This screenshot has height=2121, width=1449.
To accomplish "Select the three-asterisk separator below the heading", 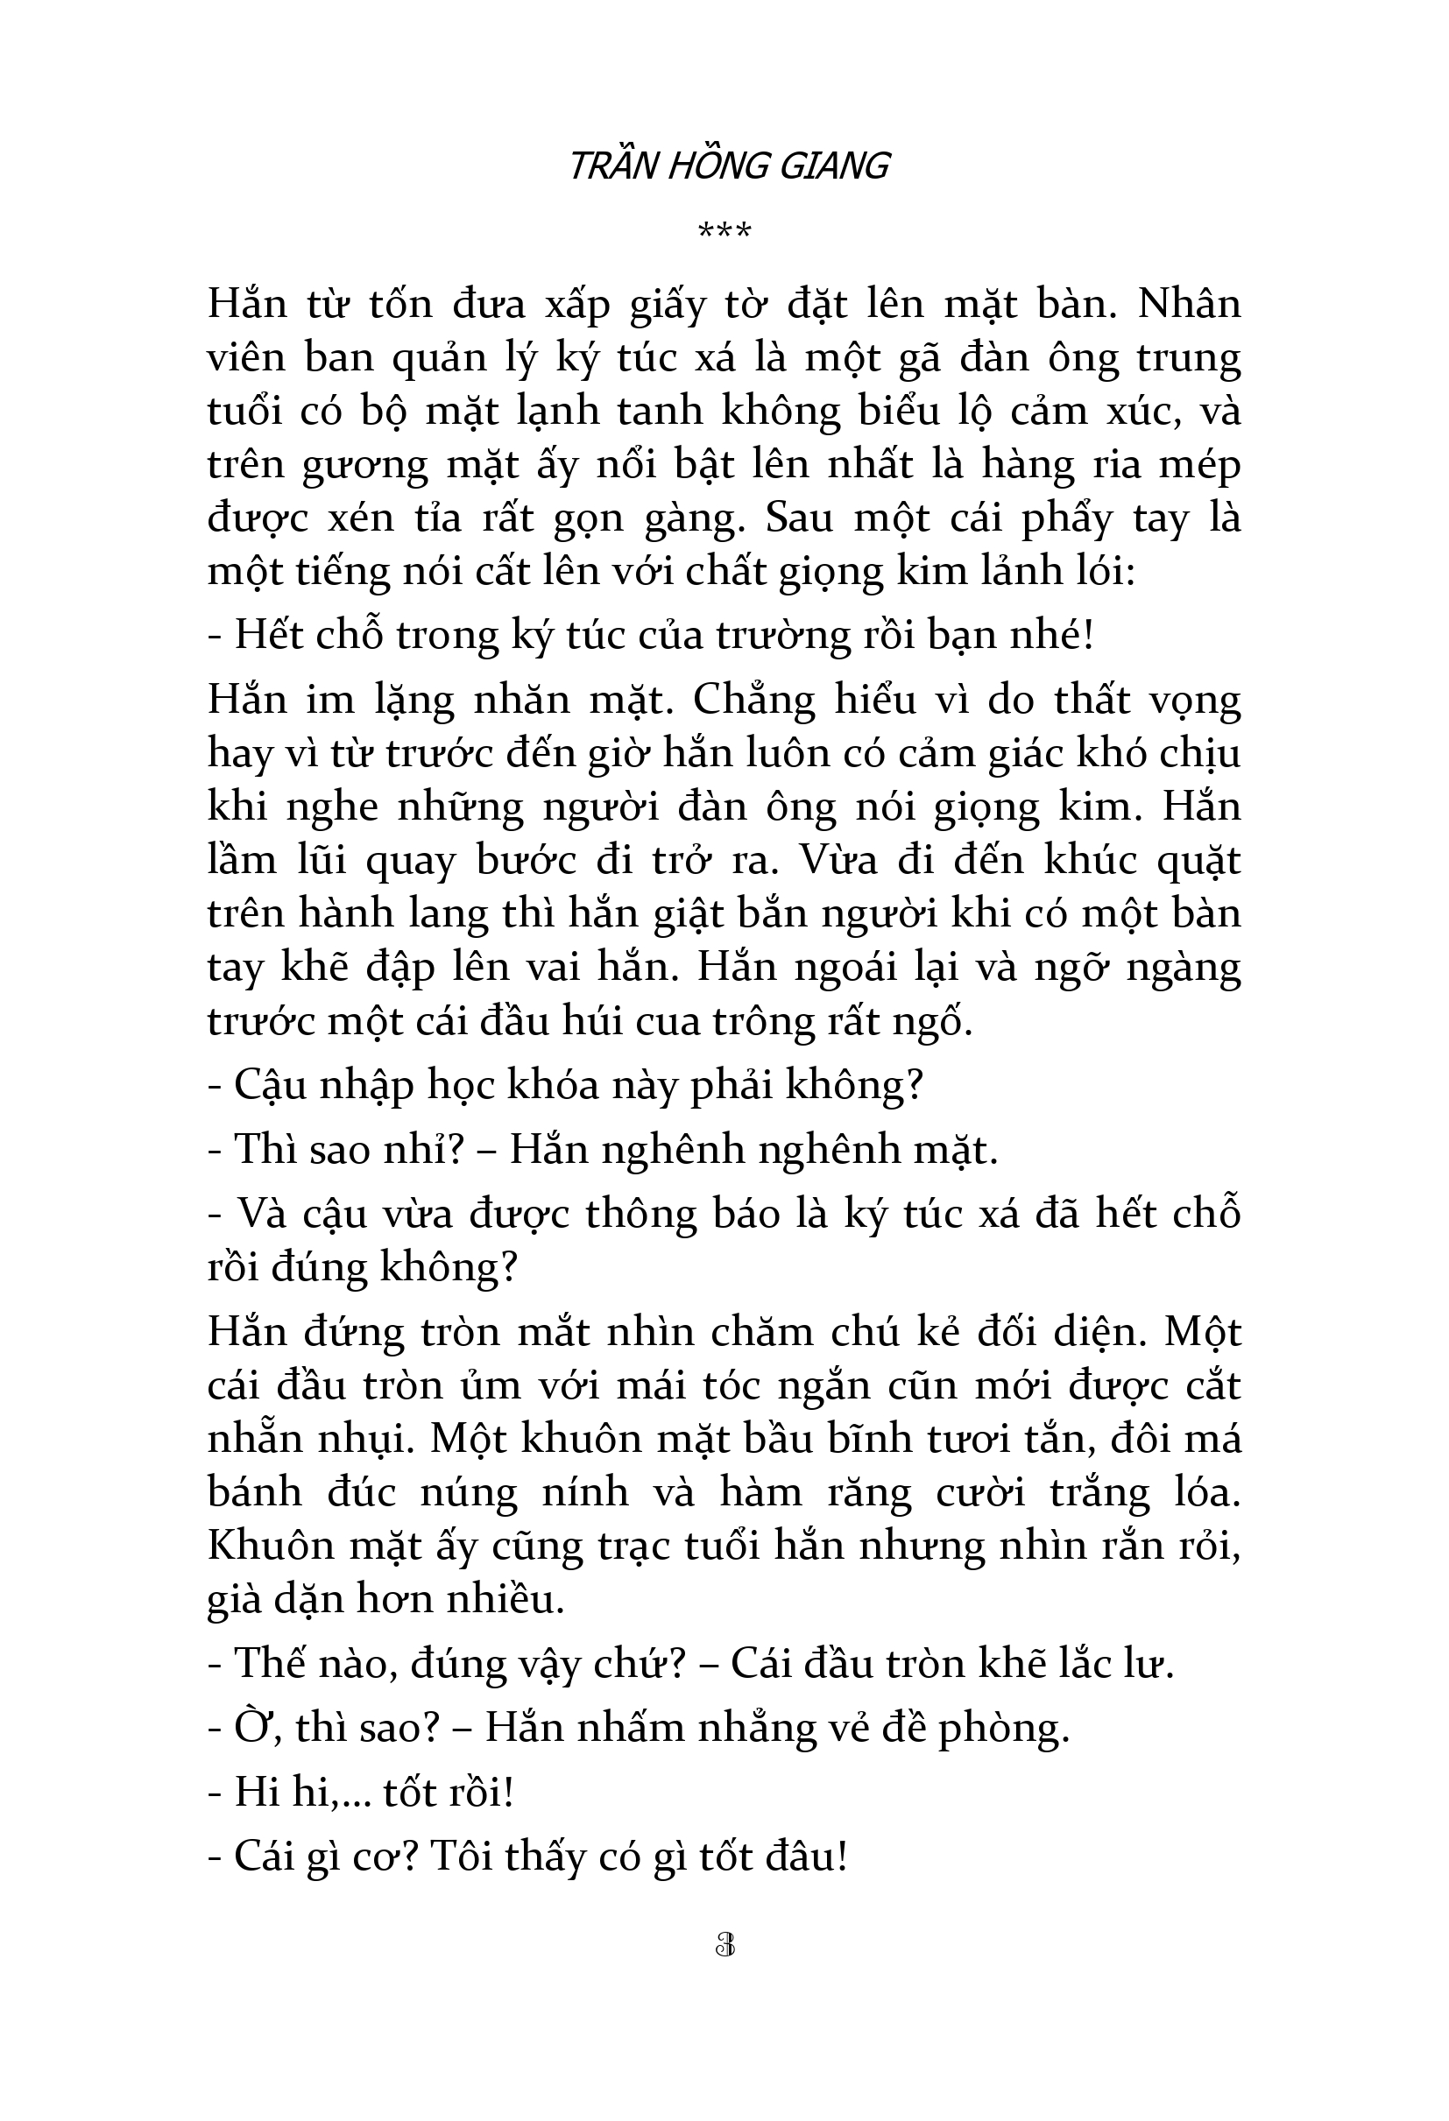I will tap(724, 231).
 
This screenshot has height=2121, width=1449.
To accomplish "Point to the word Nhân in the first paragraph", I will tap(1189, 303).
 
